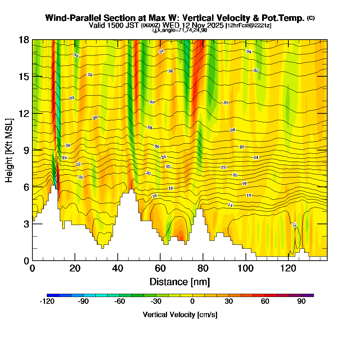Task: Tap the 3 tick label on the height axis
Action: click(26, 224)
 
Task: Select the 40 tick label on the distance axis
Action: click(117, 268)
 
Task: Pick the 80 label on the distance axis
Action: click(203, 268)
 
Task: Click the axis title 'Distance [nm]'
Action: click(180, 282)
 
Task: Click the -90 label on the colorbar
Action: click(83, 302)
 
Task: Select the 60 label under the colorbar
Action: click(265, 302)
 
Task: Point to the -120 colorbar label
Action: click(47, 302)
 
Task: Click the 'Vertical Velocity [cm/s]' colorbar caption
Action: click(180, 315)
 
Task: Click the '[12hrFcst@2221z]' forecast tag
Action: click(249, 26)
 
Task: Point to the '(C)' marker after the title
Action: click(311, 18)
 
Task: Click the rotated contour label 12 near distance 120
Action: click(294, 225)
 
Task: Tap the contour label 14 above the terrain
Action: click(230, 204)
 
